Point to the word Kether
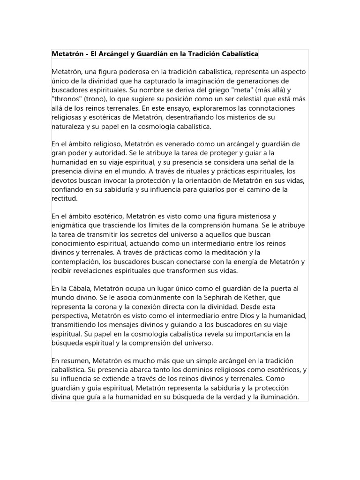(253, 297)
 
